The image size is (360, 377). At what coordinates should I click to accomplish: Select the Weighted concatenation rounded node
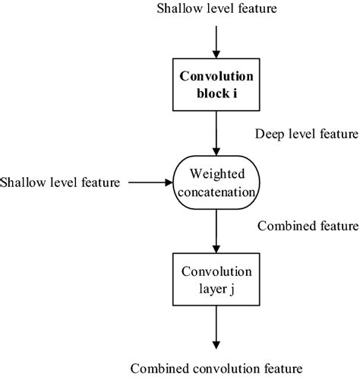click(x=216, y=182)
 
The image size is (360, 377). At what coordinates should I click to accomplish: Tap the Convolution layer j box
click(x=216, y=279)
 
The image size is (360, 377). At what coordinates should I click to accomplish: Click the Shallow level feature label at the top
click(x=216, y=9)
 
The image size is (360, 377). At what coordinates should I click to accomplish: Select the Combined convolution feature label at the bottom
click(x=216, y=367)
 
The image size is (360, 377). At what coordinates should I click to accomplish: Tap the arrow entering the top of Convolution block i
click(x=216, y=42)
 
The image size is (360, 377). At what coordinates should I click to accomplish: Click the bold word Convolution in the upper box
click(x=216, y=78)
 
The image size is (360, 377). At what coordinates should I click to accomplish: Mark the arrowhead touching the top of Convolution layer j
click(x=216, y=249)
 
